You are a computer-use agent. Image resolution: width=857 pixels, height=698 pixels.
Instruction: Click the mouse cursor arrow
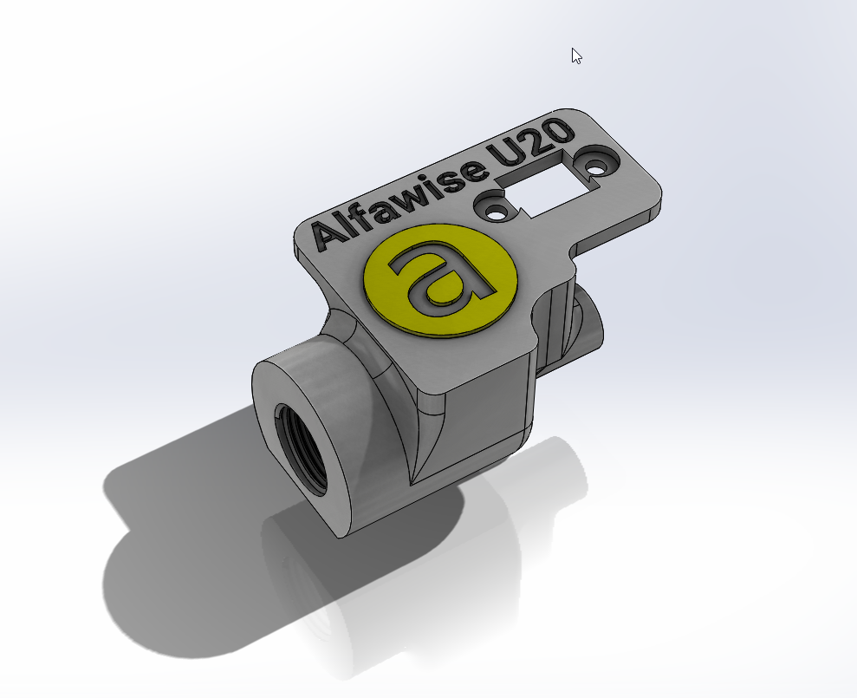576,55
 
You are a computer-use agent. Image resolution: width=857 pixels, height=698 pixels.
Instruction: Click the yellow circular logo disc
440,280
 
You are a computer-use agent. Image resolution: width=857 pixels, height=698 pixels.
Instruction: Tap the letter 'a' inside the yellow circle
442,277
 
